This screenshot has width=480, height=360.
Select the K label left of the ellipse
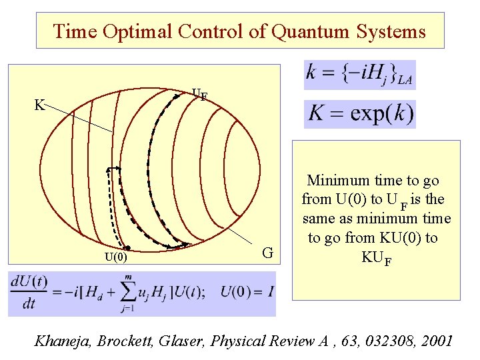coord(39,105)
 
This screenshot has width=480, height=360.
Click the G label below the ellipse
coord(267,253)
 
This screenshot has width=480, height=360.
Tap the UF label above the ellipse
coord(199,95)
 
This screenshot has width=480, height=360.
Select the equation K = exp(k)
coord(361,114)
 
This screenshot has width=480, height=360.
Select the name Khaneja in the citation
coord(64,341)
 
